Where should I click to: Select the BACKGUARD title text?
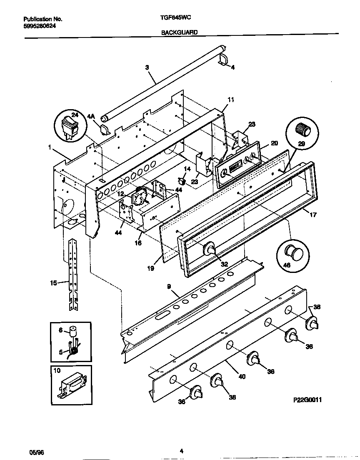(180, 32)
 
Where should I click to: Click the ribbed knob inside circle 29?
(303, 130)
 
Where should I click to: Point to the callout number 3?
(147, 67)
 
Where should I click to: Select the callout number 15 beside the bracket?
(53, 283)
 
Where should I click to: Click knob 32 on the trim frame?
(209, 249)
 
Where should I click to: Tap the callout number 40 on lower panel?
(242, 376)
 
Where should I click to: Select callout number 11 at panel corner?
(231, 100)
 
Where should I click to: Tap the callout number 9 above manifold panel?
(169, 286)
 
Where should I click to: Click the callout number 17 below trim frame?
(313, 215)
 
